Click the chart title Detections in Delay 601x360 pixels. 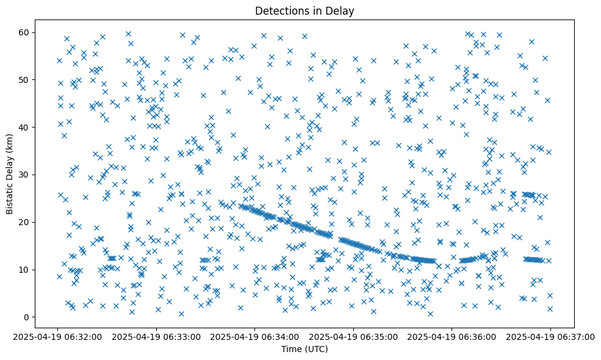[x=304, y=10]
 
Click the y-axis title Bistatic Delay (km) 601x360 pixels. [x=10, y=167]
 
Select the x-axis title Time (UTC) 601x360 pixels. [x=304, y=349]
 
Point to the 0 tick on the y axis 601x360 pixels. [x=27, y=317]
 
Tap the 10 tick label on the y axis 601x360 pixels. [x=25, y=270]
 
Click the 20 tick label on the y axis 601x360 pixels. [x=25, y=222]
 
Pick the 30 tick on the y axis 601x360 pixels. [x=25, y=175]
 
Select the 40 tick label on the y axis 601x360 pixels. [x=25, y=127]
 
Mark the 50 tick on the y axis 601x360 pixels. [x=25, y=79]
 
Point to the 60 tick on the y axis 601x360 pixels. [x=25, y=32]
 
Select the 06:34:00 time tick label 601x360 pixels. [x=256, y=336]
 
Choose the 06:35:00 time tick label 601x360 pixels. [x=354, y=336]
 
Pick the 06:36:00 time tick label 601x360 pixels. [x=452, y=336]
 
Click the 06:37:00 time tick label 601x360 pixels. [x=550, y=336]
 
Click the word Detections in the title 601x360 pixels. [x=279, y=10]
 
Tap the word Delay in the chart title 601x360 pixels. [x=342, y=10]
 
